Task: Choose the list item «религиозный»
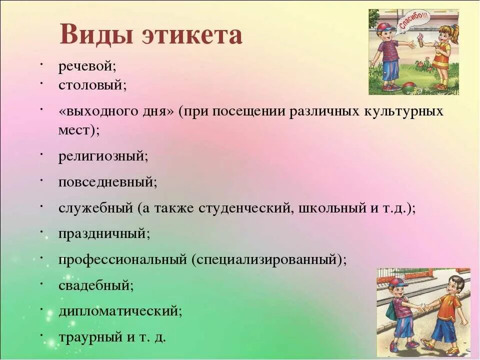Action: pos(103,156)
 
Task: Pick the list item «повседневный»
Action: pos(107,182)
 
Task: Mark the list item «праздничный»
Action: pos(104,233)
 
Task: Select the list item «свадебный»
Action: pos(96,285)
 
